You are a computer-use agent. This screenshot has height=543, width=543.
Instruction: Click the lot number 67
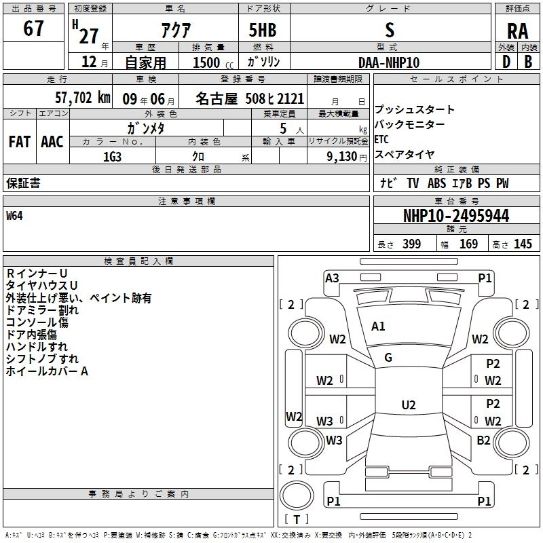tap(33, 28)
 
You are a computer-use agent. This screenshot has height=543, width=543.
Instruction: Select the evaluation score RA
tap(517, 31)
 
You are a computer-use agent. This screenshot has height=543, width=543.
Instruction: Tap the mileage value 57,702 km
tap(83, 98)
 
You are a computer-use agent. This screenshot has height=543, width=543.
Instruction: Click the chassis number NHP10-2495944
tap(456, 216)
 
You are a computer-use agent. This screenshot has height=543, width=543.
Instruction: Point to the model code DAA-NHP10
tap(389, 62)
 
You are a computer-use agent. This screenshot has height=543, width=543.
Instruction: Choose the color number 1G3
tap(112, 157)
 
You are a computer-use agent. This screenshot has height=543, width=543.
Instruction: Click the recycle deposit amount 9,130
tap(342, 157)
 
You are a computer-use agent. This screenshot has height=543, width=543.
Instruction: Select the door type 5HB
tap(263, 30)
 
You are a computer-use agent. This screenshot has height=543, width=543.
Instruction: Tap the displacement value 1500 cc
tap(213, 62)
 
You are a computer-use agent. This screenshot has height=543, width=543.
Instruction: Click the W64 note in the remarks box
tap(14, 216)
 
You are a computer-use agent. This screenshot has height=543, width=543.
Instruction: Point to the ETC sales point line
tap(381, 139)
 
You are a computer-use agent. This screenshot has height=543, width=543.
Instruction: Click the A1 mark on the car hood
tap(378, 326)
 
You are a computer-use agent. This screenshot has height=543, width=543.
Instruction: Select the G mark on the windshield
tap(388, 358)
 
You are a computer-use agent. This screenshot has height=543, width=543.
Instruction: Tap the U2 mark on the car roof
tap(409, 405)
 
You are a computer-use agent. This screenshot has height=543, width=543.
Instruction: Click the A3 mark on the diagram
tap(332, 278)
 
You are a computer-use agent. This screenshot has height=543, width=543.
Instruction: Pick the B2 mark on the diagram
tap(483, 441)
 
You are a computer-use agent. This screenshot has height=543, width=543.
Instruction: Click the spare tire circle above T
tap(297, 495)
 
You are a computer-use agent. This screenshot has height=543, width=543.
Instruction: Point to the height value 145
tap(523, 244)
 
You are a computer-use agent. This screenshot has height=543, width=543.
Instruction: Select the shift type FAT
tap(20, 142)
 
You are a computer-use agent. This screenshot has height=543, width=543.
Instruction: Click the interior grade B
tap(528, 62)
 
